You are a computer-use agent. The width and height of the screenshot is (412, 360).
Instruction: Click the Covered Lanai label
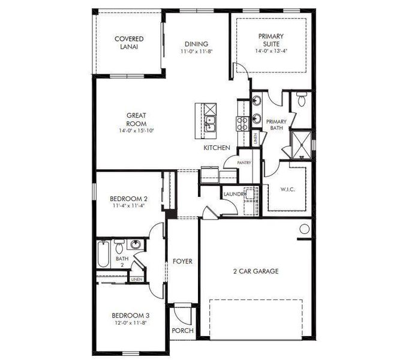point(129,43)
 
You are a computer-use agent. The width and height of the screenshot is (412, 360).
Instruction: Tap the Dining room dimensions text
point(196,52)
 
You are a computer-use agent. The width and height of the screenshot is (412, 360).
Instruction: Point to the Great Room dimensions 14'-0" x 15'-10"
point(136,131)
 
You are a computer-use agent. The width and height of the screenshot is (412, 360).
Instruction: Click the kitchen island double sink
point(210,124)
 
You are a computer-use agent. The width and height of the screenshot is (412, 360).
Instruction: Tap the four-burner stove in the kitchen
point(243,124)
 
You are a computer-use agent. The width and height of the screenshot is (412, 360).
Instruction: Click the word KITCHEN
point(217,148)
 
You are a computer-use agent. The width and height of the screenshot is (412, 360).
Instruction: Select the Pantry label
point(243,162)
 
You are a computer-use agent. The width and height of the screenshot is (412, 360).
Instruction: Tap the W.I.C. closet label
point(288,190)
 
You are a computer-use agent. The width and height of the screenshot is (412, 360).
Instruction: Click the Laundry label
point(233,194)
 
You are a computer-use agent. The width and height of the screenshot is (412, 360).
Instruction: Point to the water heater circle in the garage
point(304,229)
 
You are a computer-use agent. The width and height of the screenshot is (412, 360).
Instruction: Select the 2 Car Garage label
point(255,271)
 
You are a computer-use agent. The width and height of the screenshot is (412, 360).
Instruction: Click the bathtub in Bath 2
point(103,255)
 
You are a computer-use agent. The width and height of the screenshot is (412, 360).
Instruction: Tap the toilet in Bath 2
point(119,246)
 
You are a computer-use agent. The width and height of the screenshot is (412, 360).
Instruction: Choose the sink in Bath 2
point(135,245)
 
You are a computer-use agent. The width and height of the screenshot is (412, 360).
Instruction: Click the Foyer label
point(182,261)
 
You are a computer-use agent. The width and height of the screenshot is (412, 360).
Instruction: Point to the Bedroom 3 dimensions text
point(131,323)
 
